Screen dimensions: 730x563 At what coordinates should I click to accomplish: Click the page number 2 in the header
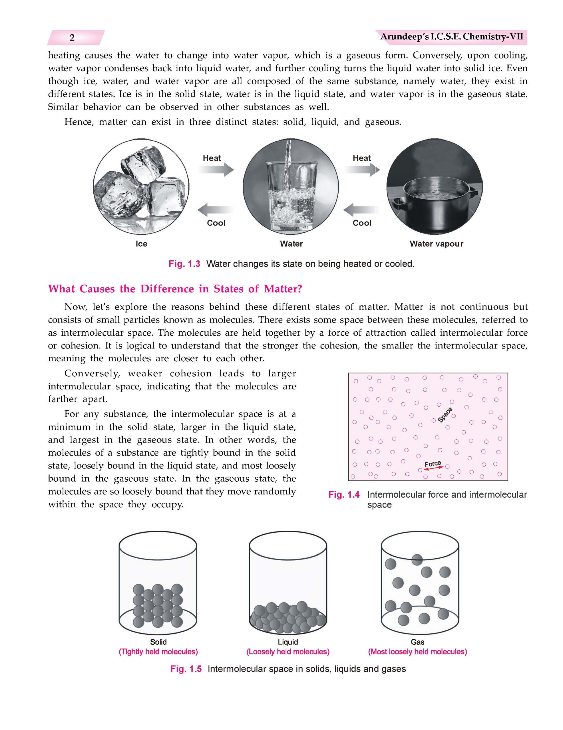(x=72, y=38)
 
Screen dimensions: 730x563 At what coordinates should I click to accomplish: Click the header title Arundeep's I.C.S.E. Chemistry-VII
(x=451, y=36)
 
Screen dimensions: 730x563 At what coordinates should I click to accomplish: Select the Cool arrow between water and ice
(x=216, y=210)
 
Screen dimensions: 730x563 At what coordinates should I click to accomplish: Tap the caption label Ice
(x=141, y=244)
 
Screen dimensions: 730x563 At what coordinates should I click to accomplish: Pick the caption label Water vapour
(x=436, y=244)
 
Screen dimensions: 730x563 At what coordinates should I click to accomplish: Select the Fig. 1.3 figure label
(x=184, y=264)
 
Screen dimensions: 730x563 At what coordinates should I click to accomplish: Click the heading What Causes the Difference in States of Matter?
(x=175, y=289)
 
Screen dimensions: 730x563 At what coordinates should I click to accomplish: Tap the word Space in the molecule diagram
(x=445, y=415)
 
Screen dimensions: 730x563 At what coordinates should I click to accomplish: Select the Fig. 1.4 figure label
(x=344, y=495)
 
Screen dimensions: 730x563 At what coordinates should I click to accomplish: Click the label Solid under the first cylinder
(x=158, y=642)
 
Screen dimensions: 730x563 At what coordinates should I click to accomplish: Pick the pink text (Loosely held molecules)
(x=288, y=652)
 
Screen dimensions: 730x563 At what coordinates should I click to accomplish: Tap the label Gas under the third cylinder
(x=417, y=642)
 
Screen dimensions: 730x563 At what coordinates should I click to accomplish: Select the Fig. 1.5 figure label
(x=186, y=669)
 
